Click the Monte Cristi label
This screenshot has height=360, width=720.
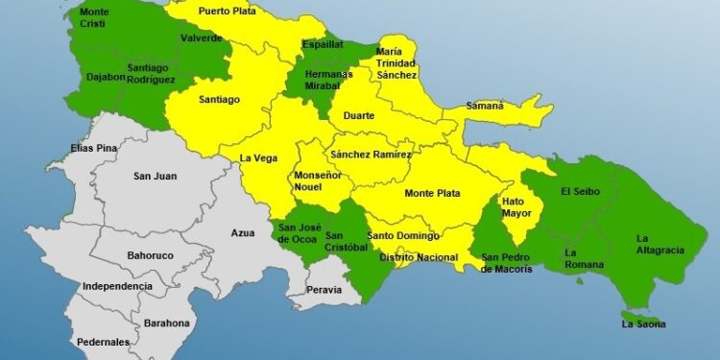[94, 18]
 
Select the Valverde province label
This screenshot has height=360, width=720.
[202, 38]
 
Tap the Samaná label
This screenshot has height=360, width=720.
[485, 106]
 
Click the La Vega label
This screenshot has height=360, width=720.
[258, 158]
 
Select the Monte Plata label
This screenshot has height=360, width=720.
[432, 193]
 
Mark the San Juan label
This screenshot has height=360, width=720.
[154, 176]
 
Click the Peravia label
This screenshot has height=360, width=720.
[324, 289]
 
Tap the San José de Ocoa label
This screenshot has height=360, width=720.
[299, 233]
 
